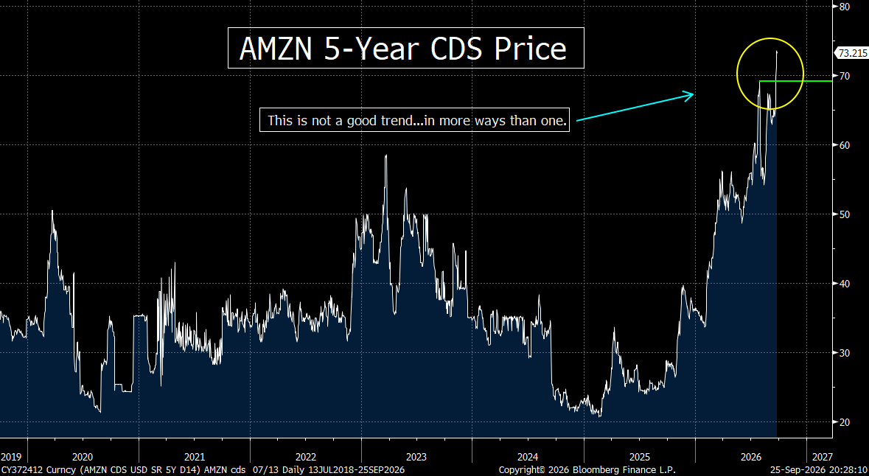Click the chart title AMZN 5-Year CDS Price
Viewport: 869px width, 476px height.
[403, 48]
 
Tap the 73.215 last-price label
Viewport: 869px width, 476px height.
[852, 53]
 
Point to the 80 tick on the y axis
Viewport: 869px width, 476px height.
[845, 7]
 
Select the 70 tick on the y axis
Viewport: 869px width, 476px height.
[845, 76]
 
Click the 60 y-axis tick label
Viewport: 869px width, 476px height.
[845, 145]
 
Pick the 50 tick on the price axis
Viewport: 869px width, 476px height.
[845, 214]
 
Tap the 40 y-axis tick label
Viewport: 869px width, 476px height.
[845, 284]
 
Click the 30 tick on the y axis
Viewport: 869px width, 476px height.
[845, 353]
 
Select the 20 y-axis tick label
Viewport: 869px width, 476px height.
[845, 422]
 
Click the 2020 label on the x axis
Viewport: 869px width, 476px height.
[83, 457]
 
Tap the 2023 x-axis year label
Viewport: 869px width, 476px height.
[416, 457]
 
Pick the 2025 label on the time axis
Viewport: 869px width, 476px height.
[639, 457]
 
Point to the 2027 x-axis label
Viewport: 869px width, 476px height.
[822, 457]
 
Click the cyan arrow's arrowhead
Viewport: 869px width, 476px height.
[690, 95]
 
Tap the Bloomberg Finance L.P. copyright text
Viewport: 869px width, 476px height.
[587, 470]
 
